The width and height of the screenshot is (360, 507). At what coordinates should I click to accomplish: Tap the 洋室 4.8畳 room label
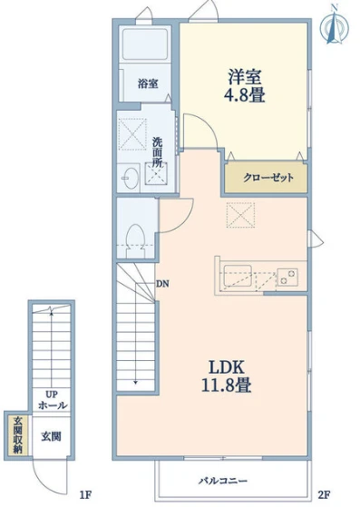[x=245, y=86]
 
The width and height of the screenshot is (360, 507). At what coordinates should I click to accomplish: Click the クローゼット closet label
[x=268, y=178]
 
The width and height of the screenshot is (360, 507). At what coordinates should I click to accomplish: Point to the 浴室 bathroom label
[x=148, y=83]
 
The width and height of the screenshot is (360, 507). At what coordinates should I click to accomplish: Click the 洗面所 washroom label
[x=158, y=152]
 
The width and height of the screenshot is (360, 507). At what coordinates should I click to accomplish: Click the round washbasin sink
[x=131, y=178]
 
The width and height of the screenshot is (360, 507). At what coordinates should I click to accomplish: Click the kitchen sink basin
[x=238, y=276]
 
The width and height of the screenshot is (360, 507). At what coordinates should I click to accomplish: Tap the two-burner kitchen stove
[x=287, y=277]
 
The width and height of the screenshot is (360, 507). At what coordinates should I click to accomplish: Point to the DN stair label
[x=162, y=284]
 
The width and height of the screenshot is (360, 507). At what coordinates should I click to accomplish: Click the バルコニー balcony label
[x=223, y=481]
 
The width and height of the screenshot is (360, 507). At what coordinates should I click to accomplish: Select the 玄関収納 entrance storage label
[x=17, y=435]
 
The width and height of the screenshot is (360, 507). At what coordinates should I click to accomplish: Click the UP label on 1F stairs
[x=52, y=395]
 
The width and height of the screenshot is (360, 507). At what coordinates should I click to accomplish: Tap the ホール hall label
[x=53, y=405]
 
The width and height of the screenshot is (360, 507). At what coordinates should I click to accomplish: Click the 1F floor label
[x=86, y=494]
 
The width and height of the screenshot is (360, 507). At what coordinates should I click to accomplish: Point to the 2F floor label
[x=324, y=494]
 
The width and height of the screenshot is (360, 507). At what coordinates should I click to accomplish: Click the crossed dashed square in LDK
[x=240, y=215]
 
